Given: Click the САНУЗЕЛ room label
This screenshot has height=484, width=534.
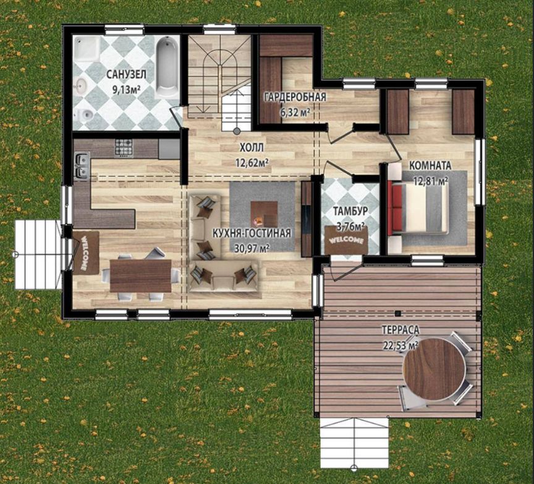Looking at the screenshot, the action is click(126, 74).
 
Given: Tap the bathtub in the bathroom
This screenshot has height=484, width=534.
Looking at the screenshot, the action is click(167, 67).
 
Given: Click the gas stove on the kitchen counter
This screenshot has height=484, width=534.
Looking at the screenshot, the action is click(124, 148).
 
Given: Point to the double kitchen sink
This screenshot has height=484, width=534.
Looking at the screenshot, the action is click(82, 165).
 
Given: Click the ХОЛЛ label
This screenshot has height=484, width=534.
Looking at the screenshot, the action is click(252, 148).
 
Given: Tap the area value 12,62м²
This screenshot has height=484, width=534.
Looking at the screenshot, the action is click(252, 162).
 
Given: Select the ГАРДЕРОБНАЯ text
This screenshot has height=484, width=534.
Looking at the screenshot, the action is click(295, 97).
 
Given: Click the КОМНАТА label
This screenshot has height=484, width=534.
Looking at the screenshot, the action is click(430, 166).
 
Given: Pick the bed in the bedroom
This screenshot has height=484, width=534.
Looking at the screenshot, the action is click(418, 208).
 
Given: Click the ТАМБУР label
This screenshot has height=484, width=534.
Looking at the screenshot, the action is click(350, 211).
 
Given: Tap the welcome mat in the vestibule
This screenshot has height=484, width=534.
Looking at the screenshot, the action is click(346, 240).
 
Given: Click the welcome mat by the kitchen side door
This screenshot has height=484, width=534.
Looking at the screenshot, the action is click(85, 253).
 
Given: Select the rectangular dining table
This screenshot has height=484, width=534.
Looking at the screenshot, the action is click(140, 275).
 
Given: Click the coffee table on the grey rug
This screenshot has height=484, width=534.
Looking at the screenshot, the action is click(264, 214).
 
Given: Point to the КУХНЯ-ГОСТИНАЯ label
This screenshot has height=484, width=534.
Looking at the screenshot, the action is click(252, 233).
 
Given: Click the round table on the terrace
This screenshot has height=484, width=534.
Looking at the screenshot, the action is click(434, 369).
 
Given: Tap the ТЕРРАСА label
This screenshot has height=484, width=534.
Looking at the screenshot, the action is click(400, 330).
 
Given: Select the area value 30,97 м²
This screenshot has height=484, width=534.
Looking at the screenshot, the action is click(252, 248).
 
